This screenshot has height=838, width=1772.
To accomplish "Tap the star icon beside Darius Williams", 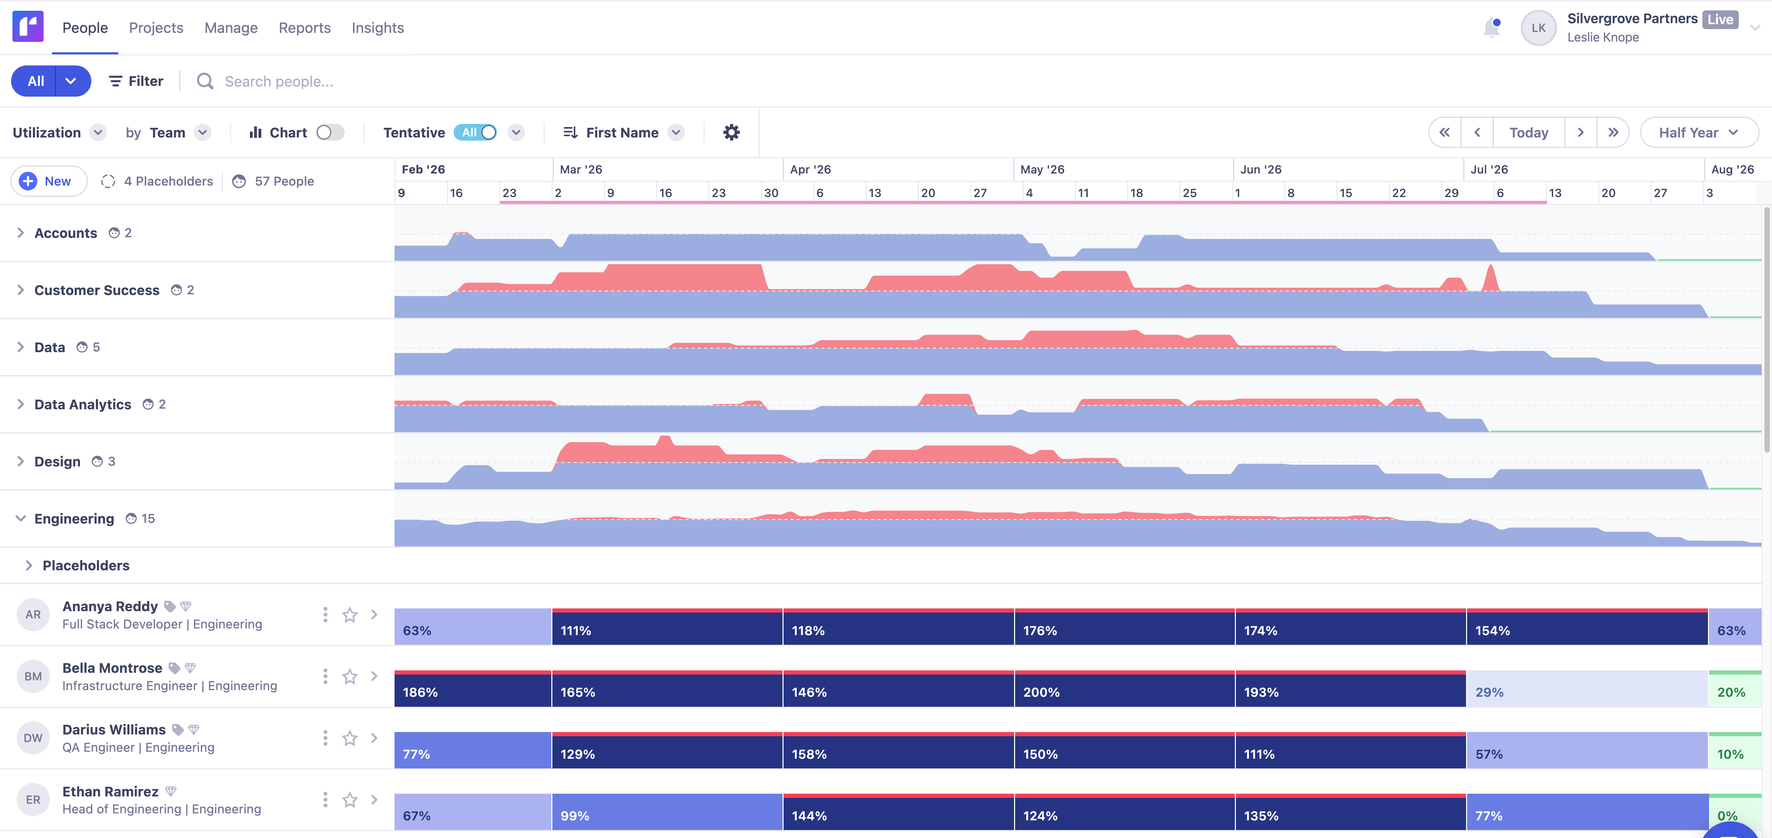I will [350, 738].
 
